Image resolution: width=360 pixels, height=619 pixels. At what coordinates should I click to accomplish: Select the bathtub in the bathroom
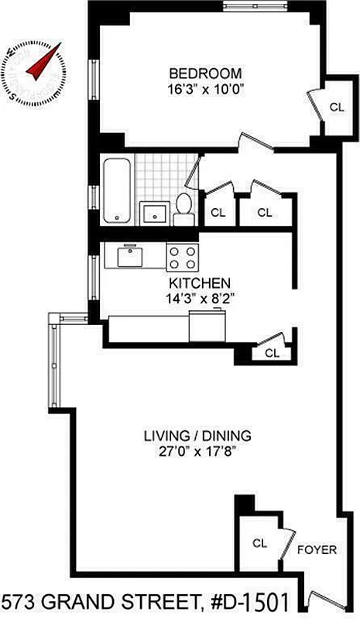(116, 190)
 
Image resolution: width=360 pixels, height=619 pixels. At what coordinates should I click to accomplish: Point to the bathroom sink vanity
(153, 212)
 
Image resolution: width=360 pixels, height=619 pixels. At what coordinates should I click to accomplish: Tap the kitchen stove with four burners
(183, 256)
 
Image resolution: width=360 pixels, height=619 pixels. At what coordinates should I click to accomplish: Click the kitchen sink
(128, 255)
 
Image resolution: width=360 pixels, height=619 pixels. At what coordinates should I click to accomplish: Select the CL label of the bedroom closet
(336, 108)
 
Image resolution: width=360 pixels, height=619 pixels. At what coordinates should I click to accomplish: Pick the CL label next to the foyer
(259, 543)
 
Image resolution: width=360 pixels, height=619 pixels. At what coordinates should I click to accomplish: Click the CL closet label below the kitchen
(272, 353)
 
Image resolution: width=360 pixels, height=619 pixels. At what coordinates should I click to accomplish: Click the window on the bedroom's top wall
(255, 6)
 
